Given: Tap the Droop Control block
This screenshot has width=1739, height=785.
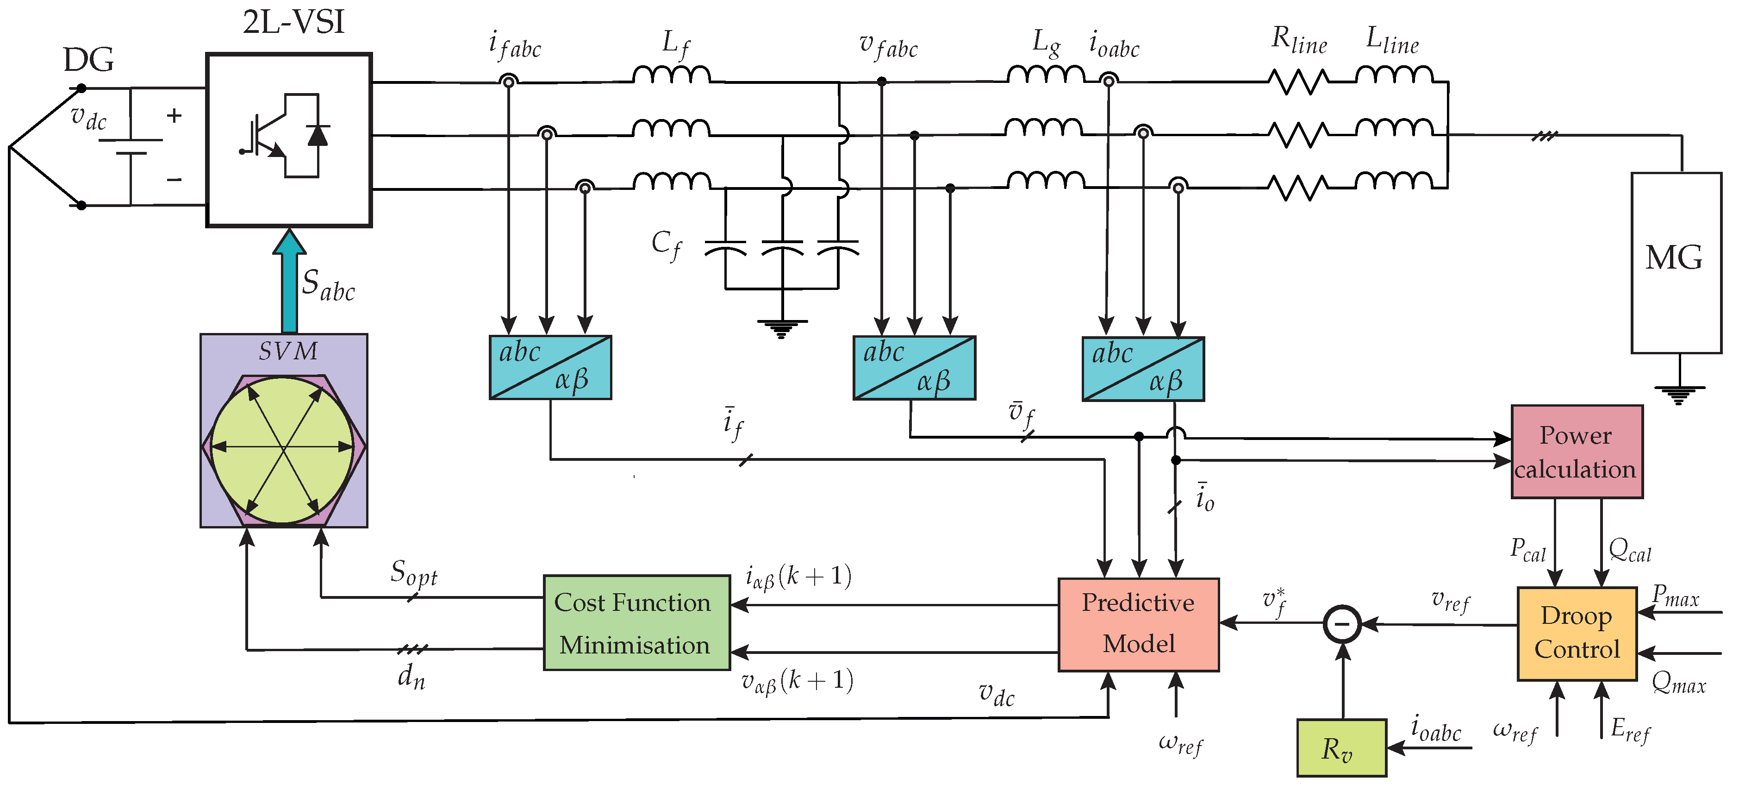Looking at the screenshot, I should tap(1577, 633).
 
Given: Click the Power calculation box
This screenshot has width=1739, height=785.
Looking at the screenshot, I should tap(1577, 451).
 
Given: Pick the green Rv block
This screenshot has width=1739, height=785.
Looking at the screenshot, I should tap(1341, 748).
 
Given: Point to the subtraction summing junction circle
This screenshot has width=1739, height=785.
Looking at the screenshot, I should tap(1342, 623).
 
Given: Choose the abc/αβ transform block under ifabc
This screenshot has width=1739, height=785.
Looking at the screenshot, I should tap(550, 368).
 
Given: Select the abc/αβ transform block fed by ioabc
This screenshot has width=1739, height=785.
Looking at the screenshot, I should tap(1143, 369).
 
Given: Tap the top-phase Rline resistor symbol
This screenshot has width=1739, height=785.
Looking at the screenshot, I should tap(1298, 82).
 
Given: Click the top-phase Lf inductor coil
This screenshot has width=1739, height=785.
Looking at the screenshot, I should tap(671, 74).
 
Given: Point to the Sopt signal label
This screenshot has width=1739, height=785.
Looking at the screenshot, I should tap(414, 573).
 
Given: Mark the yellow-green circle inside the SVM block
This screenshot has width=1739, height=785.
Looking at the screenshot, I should tap(282, 449).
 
